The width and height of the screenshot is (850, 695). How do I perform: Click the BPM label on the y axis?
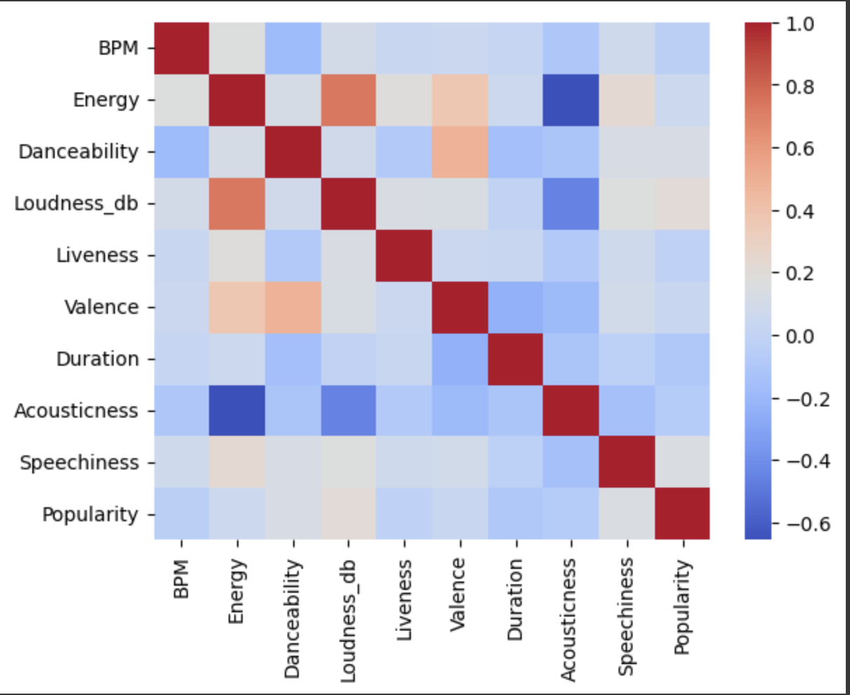118,48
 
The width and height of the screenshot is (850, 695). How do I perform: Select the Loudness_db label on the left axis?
76,204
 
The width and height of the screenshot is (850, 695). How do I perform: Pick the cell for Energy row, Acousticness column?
571,100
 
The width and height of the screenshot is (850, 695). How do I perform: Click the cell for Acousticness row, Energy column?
237,411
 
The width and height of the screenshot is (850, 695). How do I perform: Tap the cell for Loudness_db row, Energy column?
237,204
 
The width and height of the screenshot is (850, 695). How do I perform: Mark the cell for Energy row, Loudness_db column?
349,100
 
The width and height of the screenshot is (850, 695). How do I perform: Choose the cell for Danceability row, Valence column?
459,152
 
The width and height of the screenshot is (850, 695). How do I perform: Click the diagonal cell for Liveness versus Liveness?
404,256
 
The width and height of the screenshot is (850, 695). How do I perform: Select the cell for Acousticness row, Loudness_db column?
349,411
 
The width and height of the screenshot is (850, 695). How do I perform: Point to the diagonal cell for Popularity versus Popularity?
682,514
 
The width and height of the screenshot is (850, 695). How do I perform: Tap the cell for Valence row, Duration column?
515,308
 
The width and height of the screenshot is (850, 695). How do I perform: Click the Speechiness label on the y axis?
79,463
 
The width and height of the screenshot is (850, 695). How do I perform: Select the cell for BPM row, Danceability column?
293,48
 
